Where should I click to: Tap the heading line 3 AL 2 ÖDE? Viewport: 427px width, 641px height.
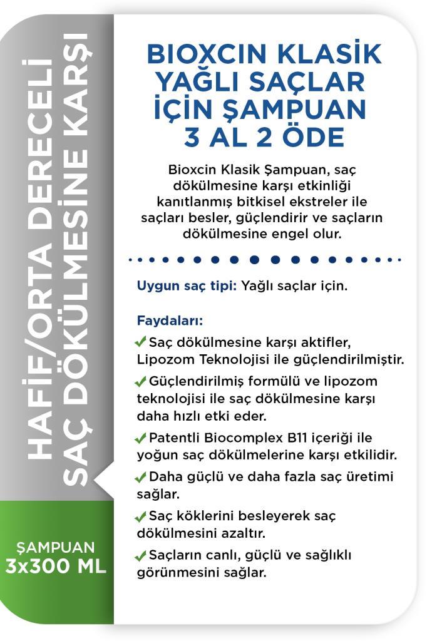coord(264,137)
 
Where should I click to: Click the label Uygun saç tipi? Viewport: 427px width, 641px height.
coord(187,287)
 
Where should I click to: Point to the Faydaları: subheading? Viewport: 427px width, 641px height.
coord(170,322)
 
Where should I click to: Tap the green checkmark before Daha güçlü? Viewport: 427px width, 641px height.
coord(141,478)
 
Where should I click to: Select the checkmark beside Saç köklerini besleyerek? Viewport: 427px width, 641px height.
coord(141,516)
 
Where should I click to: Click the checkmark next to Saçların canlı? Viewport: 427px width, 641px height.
coord(141,555)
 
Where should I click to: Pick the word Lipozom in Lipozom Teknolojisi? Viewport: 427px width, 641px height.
coord(162,361)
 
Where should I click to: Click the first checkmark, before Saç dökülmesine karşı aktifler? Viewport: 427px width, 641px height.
coord(141,342)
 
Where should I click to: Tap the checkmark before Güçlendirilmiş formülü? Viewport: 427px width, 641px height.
coord(141,381)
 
